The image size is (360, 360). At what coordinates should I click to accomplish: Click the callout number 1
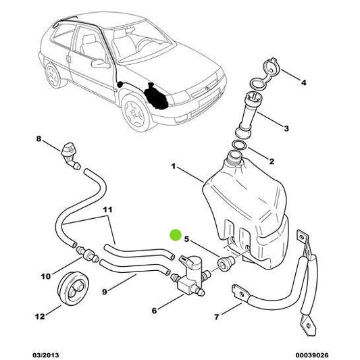click(174, 165)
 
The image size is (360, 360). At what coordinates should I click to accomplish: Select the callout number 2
click(272, 161)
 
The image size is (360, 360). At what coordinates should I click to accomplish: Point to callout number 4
click(303, 83)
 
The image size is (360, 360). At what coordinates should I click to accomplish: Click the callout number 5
click(186, 239)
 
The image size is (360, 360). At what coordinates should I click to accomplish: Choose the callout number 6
click(154, 310)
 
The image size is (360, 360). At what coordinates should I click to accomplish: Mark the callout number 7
click(216, 317)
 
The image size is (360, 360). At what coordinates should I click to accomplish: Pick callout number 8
click(38, 140)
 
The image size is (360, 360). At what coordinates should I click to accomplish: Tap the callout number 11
click(106, 211)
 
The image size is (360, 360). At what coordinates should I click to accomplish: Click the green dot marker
click(175, 236)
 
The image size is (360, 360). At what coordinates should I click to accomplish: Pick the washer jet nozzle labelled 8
click(70, 154)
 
